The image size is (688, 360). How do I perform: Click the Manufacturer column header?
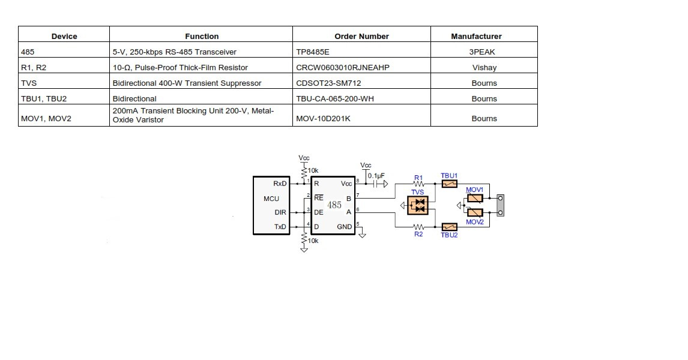click(x=476, y=36)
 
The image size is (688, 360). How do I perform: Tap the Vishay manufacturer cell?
click(x=484, y=68)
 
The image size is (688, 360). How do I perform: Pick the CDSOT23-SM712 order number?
click(x=328, y=83)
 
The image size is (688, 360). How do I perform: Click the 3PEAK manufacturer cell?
click(x=484, y=52)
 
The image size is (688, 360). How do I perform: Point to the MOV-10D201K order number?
click(x=323, y=119)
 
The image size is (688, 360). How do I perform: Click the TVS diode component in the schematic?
click(x=418, y=205)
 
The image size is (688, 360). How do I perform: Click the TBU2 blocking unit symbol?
click(x=449, y=227)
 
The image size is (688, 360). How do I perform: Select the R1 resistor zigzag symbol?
click(x=418, y=184)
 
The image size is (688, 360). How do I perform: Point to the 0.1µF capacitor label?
click(x=376, y=176)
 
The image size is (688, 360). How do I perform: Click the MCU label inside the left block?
click(x=271, y=199)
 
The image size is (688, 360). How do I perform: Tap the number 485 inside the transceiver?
click(x=334, y=205)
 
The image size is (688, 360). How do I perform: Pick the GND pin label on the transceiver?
click(x=345, y=227)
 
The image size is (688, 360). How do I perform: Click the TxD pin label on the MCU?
click(x=280, y=227)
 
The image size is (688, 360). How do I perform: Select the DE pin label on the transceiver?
click(x=318, y=212)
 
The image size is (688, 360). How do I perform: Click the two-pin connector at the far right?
click(x=499, y=205)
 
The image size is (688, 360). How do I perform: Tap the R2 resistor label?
click(x=418, y=234)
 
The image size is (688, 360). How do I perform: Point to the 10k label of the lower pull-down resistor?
click(x=313, y=241)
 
